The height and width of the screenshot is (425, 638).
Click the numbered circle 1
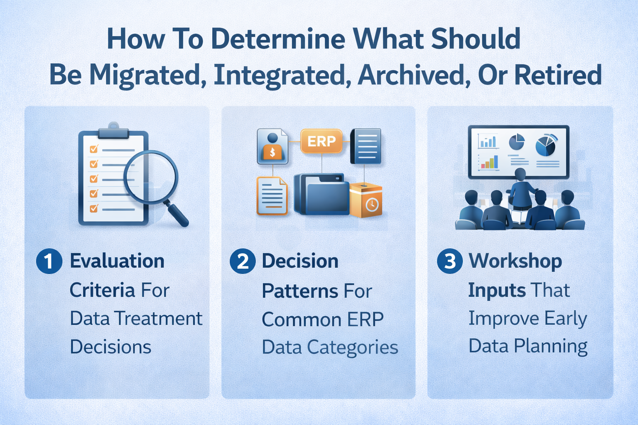[x=49, y=261]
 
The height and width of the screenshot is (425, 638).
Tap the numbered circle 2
[x=243, y=261]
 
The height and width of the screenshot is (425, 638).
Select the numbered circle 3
[x=450, y=261]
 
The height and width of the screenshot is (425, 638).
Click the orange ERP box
[x=321, y=142]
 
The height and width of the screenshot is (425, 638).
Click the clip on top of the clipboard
[x=113, y=131]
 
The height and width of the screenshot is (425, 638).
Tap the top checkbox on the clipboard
[x=94, y=149]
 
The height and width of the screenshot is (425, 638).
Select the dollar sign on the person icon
[x=272, y=152]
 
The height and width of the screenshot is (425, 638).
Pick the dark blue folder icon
[x=322, y=194]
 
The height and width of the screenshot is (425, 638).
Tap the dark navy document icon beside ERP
[x=366, y=146]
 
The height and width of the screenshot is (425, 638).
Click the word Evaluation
[x=117, y=261]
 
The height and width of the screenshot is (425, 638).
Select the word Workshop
[x=515, y=261]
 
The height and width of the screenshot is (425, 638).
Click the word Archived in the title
[x=414, y=75]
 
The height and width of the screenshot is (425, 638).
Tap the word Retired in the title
[x=558, y=75]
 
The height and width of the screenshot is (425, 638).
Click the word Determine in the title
[x=278, y=39]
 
